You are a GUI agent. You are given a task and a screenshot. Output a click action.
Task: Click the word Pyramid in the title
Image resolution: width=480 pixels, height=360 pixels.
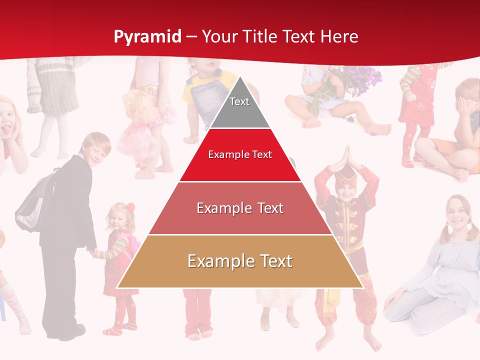point(147,37)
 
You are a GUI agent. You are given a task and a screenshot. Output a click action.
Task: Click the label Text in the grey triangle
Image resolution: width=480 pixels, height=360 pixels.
point(239,101)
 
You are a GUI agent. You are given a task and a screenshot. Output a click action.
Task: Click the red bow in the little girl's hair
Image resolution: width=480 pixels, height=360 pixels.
point(130,207)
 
